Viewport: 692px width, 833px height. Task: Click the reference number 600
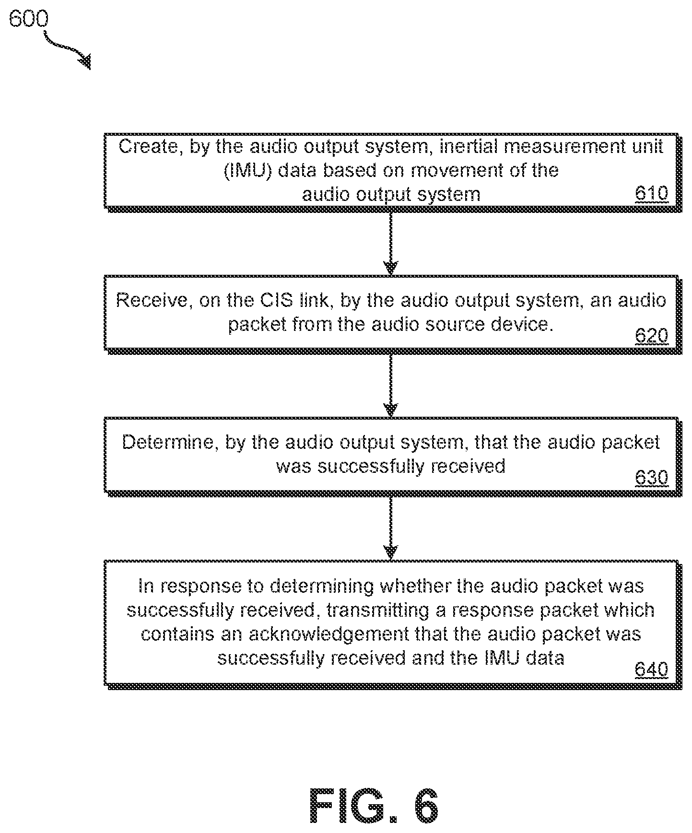pos(29,20)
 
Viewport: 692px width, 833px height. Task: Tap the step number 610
pos(651,193)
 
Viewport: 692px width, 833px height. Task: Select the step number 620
pos(651,336)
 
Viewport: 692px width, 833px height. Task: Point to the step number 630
pos(651,478)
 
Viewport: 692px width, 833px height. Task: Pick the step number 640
pos(651,669)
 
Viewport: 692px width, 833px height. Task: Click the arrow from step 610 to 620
pos(391,242)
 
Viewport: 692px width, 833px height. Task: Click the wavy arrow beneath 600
pos(67,50)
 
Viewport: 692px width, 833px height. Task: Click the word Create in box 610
pos(147,146)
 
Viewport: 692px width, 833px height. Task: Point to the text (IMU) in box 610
pos(248,170)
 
